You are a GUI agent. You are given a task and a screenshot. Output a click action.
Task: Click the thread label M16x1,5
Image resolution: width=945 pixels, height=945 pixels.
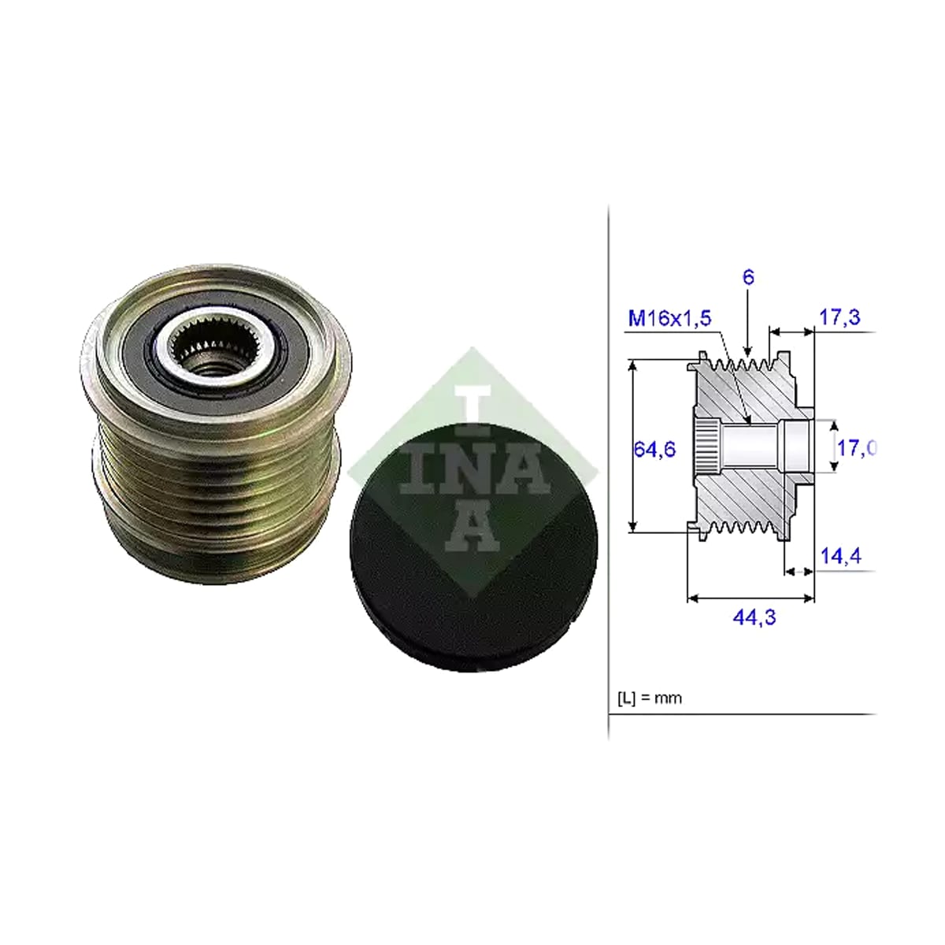tap(669, 319)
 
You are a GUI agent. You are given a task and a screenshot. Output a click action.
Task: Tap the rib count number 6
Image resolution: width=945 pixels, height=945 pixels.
tap(748, 277)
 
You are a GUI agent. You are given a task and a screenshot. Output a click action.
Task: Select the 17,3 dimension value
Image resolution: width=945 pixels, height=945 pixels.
tap(840, 317)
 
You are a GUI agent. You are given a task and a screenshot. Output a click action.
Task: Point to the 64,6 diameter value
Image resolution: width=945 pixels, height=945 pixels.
tap(654, 448)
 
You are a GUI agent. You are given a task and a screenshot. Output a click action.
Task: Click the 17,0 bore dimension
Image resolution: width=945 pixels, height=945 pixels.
tap(857, 447)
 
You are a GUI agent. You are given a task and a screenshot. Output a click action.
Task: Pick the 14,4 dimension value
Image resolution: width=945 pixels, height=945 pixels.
tap(841, 556)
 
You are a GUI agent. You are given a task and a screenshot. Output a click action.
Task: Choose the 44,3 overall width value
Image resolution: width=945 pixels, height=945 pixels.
tap(754, 617)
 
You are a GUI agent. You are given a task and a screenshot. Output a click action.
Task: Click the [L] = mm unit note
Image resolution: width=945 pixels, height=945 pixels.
tap(650, 698)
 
